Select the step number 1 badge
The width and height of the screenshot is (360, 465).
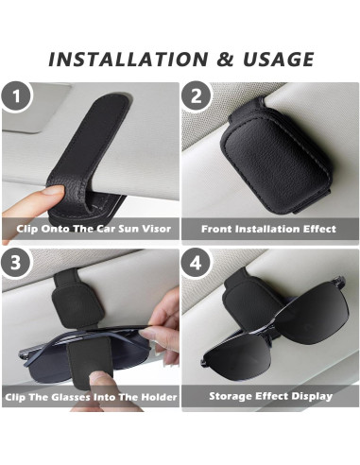(16, 98)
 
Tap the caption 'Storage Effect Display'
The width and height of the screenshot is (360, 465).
(269, 397)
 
